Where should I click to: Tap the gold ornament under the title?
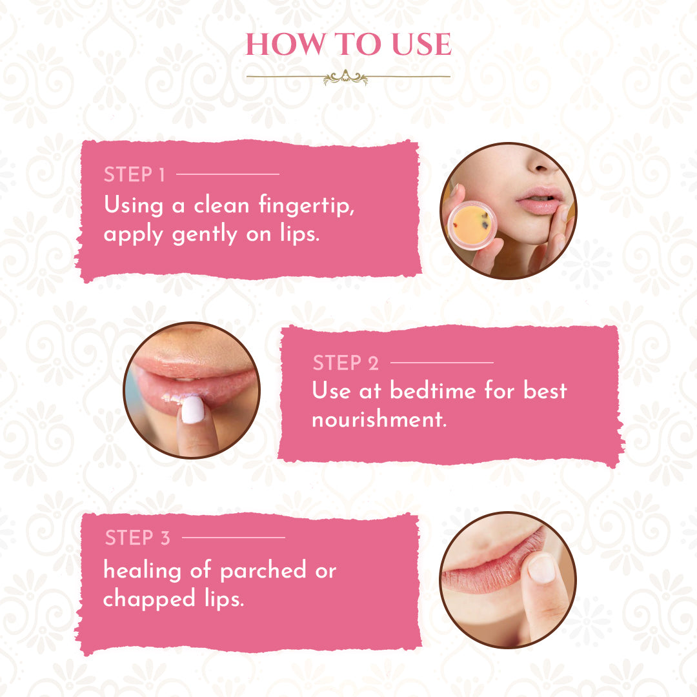click(346, 77)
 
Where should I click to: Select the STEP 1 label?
click(134, 174)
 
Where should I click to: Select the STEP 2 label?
click(346, 363)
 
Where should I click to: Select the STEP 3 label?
click(137, 538)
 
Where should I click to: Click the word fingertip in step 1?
click(307, 205)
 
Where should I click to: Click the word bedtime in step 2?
click(433, 390)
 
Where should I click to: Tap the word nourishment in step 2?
click(379, 419)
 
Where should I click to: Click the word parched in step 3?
click(263, 570)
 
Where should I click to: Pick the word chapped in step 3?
click(149, 599)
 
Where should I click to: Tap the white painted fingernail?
click(192, 410)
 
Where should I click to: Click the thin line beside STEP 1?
click(228, 174)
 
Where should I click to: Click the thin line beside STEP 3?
click(234, 538)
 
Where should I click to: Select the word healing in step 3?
click(142, 570)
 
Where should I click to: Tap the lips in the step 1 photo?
click(539, 201)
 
